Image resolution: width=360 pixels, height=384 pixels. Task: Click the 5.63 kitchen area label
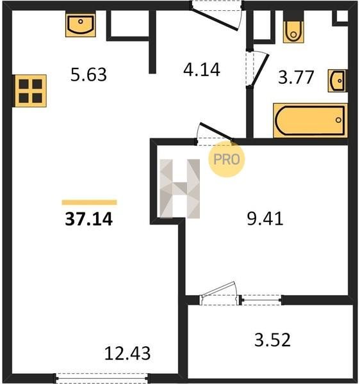88,75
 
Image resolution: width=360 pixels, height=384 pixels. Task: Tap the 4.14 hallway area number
202,70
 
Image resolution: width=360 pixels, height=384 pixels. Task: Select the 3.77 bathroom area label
296,77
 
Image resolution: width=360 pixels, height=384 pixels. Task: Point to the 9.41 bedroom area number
265,218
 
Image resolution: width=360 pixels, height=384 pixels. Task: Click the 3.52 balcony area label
272,340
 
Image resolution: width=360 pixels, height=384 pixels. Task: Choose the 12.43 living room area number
127,353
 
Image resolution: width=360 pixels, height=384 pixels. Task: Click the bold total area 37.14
88,219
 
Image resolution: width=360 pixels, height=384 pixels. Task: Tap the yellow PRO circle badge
226,159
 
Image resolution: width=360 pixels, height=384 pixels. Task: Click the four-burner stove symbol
30,91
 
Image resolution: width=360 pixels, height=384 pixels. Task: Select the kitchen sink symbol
80,25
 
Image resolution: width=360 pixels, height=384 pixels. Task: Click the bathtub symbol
310,120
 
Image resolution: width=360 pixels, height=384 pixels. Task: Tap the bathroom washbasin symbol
338,81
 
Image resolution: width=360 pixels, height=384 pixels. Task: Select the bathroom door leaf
261,70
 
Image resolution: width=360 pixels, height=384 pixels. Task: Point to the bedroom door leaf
216,131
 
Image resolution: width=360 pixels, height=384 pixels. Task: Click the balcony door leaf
218,289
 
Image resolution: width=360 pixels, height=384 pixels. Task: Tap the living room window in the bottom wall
102,378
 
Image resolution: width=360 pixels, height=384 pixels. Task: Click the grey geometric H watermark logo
179,189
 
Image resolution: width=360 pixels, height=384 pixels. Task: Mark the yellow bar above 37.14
89,202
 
